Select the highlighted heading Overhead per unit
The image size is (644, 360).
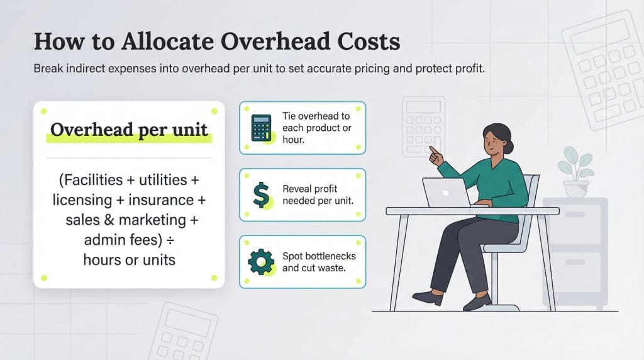coord(129,130)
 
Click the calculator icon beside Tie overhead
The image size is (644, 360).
coord(260,128)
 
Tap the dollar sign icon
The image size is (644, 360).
coord(260,194)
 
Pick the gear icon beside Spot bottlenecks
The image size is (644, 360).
coord(260,261)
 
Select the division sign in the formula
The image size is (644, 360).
coord(188,240)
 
